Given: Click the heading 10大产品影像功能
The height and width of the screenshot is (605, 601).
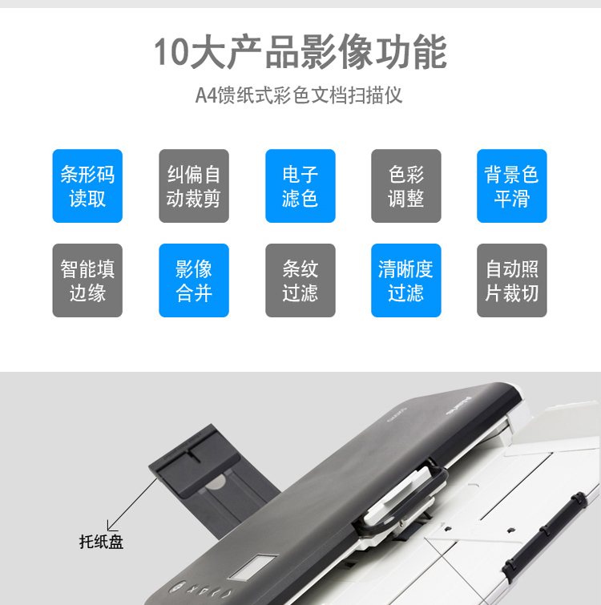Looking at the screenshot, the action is point(300,52).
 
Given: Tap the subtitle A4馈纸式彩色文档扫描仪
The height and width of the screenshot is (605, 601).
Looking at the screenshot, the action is point(299,95).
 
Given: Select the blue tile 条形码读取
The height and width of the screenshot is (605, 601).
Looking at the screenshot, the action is point(87,186).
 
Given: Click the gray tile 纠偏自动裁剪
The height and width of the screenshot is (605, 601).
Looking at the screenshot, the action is point(194,186).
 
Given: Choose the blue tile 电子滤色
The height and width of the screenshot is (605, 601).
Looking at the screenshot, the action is point(300,186).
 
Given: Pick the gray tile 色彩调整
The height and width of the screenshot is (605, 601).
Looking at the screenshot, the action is point(406,186).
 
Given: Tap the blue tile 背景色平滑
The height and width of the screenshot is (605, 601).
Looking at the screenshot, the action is point(512,186).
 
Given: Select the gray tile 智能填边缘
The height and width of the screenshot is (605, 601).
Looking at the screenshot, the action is point(87,280).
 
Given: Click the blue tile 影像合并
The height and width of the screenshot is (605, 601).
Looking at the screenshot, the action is point(194,280).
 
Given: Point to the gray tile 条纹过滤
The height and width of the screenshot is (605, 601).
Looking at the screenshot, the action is point(300,280).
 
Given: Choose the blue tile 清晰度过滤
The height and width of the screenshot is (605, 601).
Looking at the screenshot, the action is point(406,280).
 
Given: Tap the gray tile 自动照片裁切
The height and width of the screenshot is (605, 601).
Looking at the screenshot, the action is point(512,280).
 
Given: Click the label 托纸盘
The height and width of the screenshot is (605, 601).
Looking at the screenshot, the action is point(101,542).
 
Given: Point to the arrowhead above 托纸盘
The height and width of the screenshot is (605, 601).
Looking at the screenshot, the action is point(111,526).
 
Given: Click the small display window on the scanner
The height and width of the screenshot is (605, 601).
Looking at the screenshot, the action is point(253,567).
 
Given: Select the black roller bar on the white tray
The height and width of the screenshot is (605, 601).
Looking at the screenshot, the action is point(545,533).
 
